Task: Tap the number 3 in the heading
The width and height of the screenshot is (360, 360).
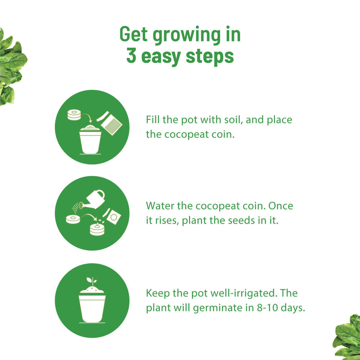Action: click(x=131, y=56)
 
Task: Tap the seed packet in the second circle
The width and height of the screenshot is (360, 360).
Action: click(x=114, y=217)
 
